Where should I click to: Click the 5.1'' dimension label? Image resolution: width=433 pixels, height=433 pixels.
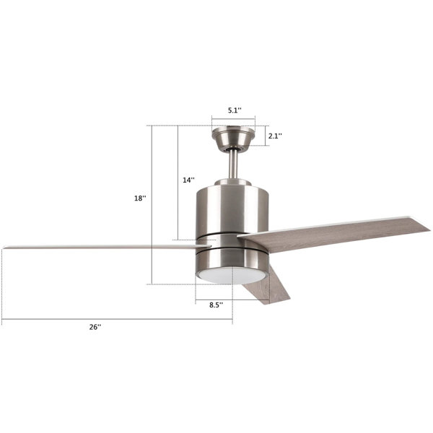(x=235, y=110)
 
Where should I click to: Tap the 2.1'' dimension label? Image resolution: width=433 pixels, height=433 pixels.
(x=276, y=136)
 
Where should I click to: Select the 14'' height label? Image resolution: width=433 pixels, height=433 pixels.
(x=188, y=180)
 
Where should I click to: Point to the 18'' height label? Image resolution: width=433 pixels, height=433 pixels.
(x=140, y=198)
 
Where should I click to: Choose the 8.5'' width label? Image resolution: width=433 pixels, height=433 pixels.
(x=216, y=305)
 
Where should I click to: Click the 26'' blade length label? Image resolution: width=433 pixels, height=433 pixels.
(x=95, y=327)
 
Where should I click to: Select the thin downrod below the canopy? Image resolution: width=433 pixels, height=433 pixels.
(x=233, y=165)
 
